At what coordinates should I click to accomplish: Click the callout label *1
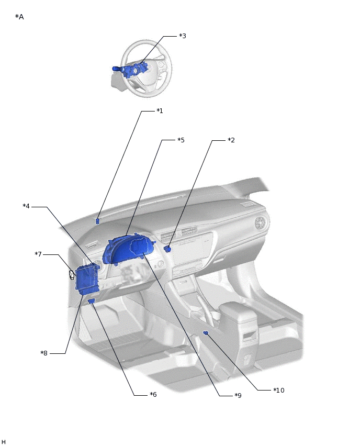pyautogui.click(x=160, y=111)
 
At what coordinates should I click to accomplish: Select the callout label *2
pyautogui.click(x=231, y=140)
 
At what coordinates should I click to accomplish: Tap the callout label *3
pyautogui.click(x=182, y=36)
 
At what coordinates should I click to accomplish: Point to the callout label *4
pyautogui.click(x=26, y=206)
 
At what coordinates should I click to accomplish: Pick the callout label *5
pyautogui.click(x=181, y=140)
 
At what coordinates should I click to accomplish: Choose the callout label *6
pyautogui.click(x=153, y=395)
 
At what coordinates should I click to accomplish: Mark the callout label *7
pyautogui.click(x=38, y=254)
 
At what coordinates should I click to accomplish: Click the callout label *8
pyautogui.click(x=44, y=353)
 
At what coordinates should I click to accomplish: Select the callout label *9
pyautogui.click(x=238, y=396)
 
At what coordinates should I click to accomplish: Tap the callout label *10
pyautogui.click(x=278, y=391)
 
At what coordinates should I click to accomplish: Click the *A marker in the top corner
pyautogui.click(x=19, y=17)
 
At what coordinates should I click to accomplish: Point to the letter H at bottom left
pyautogui.click(x=4, y=442)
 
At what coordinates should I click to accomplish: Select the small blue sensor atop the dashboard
pyautogui.click(x=98, y=221)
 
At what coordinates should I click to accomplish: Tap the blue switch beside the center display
pyautogui.click(x=167, y=249)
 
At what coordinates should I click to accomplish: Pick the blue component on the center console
pyautogui.click(x=206, y=332)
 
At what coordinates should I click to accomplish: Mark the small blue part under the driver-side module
pyautogui.click(x=91, y=301)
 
